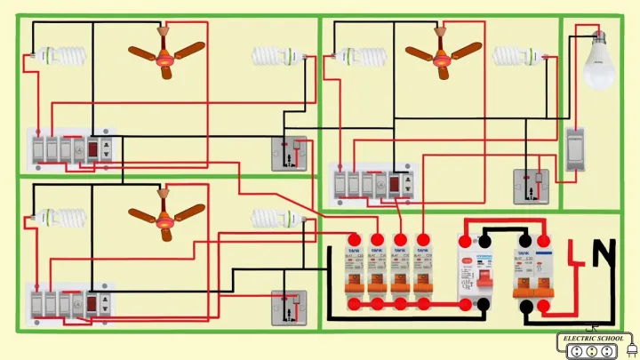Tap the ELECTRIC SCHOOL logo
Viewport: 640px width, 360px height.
[x=593, y=343]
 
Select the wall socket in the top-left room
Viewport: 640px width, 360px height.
[x=289, y=154]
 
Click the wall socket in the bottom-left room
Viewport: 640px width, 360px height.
[x=289, y=308]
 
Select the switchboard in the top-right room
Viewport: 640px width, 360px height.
[x=374, y=184]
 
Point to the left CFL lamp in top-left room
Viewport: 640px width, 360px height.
[x=62, y=56]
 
